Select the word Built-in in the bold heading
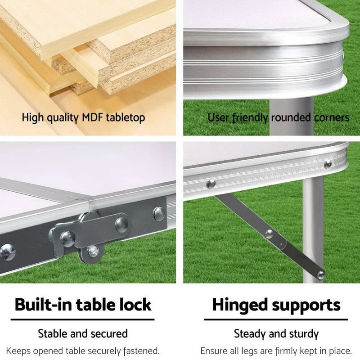(43, 305)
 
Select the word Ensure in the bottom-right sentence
(214, 351)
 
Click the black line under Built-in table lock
(82, 319)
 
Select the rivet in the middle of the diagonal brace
(269, 234)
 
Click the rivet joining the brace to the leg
(320, 274)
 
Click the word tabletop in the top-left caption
(125, 118)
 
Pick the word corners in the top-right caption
(332, 118)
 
